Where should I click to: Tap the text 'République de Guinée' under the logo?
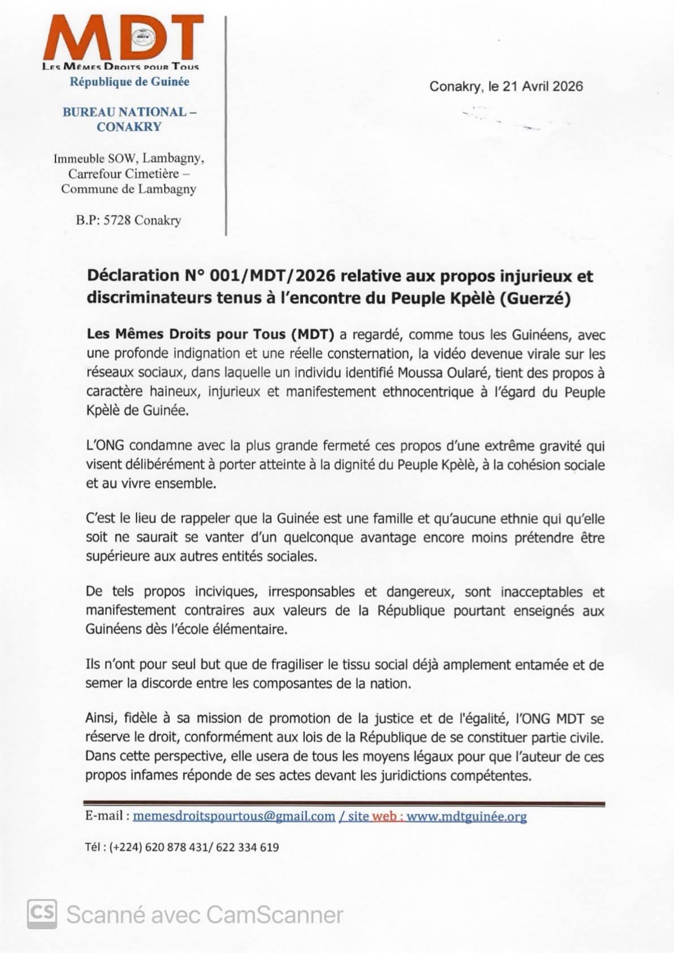pos(129,82)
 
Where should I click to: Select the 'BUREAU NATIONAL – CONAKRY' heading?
pos(129,119)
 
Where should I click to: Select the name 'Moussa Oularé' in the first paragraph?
pos(444,373)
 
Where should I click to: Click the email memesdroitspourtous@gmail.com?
pos(234,816)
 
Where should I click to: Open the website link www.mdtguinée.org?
pos(466,816)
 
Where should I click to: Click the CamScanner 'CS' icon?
pos(42,914)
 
